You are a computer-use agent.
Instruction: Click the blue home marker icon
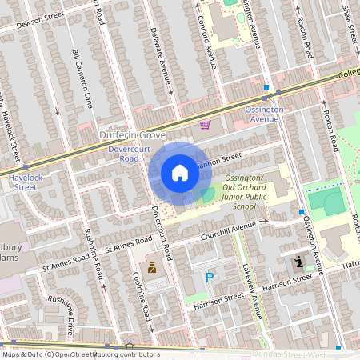180,173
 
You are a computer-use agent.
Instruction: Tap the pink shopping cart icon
206,125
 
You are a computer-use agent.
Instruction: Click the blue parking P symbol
210,278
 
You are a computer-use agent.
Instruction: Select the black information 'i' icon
298,262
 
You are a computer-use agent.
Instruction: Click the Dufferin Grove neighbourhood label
132,136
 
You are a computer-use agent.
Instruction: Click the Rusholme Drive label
60,315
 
